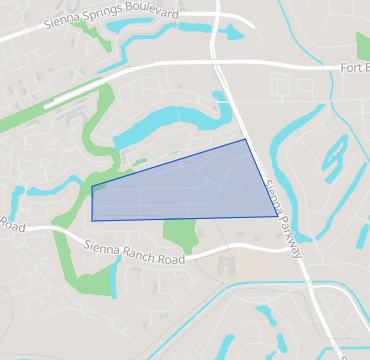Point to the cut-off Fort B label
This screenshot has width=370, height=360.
point(352,68)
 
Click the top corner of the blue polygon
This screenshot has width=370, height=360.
point(246,139)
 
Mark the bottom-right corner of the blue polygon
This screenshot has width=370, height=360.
point(278,216)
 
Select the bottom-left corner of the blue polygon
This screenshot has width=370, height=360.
point(92,220)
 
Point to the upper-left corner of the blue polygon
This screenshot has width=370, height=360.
point(92,186)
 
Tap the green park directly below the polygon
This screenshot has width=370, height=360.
point(179,235)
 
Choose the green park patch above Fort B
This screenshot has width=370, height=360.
point(362,45)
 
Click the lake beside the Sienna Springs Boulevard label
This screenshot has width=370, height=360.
point(226,31)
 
